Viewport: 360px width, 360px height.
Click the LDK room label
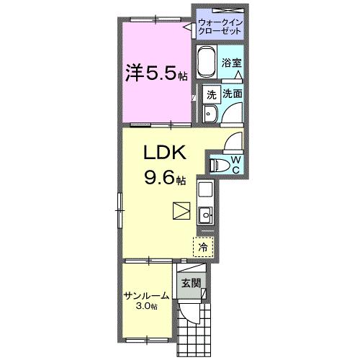167,153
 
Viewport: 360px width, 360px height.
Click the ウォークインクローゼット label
220,27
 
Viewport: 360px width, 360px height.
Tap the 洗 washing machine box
211,94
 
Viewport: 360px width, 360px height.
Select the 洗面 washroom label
231,94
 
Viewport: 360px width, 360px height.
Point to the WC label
235,163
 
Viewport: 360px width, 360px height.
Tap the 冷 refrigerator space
203,246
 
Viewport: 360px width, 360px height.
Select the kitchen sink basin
204,213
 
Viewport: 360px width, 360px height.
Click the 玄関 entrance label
191,282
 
